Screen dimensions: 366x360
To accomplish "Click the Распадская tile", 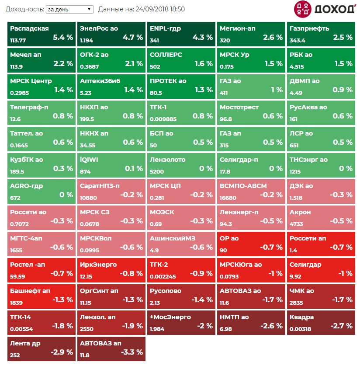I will (x=42, y=34).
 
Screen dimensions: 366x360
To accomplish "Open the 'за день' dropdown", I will (x=69, y=9).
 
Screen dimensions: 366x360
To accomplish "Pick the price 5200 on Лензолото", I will (x=157, y=172).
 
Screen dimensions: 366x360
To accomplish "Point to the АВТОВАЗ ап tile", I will (x=111, y=349).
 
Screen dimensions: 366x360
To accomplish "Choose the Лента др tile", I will (x=42, y=349).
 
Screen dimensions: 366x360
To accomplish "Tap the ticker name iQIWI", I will (x=89, y=160).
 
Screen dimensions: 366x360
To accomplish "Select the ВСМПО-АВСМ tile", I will (x=251, y=191).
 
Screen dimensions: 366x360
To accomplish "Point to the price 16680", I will (x=228, y=198).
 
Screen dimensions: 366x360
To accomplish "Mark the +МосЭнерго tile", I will (x=181, y=322).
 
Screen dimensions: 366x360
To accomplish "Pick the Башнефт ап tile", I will (x=42, y=296).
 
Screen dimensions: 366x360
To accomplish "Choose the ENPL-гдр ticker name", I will (x=165, y=28).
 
